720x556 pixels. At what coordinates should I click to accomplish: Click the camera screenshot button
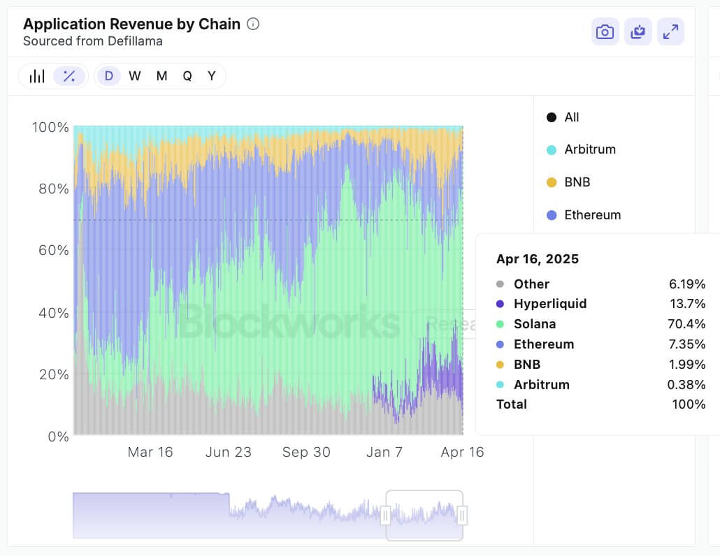605,32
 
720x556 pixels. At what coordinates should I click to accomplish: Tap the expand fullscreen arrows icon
670,32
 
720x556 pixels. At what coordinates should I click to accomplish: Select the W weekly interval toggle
135,76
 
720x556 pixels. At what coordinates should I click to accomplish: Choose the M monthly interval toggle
161,76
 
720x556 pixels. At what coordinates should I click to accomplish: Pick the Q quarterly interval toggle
187,76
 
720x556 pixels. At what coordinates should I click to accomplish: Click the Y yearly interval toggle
211,76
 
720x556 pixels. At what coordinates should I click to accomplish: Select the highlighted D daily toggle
109,76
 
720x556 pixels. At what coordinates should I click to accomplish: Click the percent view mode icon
69,76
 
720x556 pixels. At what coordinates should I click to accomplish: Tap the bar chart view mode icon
37,76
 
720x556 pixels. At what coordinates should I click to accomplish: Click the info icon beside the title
253,24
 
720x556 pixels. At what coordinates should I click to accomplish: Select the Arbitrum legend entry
589,149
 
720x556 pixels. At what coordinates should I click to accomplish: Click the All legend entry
571,117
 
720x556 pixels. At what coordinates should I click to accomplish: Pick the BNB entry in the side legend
577,182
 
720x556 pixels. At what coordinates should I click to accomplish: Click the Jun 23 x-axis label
228,452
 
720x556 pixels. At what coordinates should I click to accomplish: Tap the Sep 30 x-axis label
305,452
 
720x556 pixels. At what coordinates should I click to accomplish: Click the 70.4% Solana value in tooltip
686,324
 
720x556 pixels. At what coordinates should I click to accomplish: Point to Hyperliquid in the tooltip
549,304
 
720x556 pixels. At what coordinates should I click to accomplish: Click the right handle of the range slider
462,515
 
